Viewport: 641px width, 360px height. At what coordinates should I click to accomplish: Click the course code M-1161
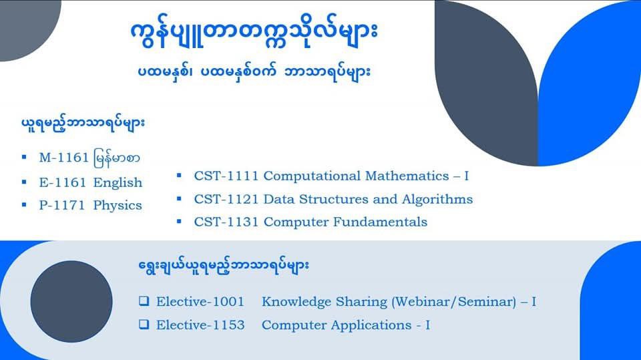(64, 158)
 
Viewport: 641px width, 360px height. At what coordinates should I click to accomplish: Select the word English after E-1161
(118, 183)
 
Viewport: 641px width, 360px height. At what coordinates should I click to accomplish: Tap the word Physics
(118, 205)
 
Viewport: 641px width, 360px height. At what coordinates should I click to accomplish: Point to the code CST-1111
(226, 176)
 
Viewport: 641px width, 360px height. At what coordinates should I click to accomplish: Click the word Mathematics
(407, 176)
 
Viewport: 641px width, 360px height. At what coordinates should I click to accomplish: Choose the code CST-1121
(226, 199)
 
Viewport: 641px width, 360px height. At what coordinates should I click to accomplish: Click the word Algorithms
(437, 199)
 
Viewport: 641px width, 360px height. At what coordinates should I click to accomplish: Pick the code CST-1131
(226, 222)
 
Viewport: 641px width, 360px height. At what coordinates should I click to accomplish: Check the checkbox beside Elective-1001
(144, 301)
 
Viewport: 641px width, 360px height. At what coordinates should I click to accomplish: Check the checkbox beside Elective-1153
(144, 325)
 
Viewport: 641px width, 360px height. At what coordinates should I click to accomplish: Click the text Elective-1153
(200, 325)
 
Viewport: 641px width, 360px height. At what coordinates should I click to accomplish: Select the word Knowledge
(296, 302)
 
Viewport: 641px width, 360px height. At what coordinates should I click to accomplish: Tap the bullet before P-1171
(24, 204)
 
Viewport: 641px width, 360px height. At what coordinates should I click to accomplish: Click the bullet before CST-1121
(179, 199)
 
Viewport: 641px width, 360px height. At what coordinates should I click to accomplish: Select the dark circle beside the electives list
(71, 301)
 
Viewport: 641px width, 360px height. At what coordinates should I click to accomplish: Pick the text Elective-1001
(200, 301)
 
